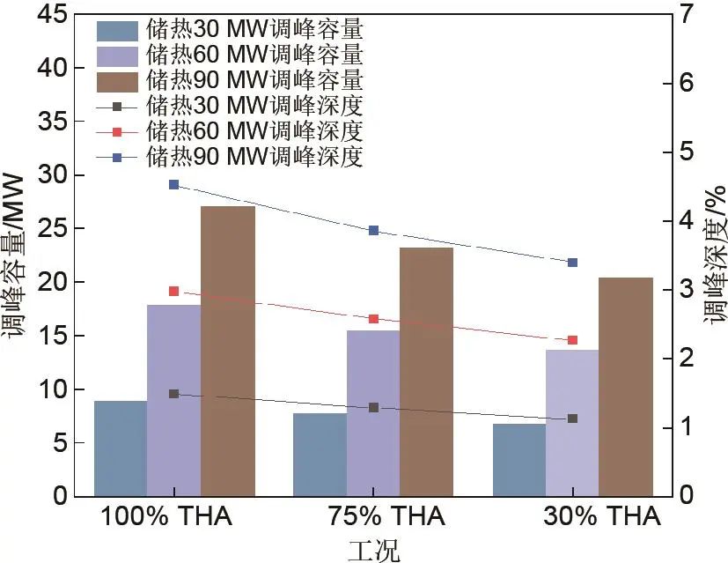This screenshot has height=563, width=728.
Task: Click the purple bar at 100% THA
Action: (173, 400)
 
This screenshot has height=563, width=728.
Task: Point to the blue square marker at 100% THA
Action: (173, 185)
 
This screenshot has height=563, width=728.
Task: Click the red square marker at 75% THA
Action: (373, 319)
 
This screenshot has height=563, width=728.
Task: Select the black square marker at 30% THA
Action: (572, 419)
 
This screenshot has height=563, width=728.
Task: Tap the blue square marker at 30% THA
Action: (572, 263)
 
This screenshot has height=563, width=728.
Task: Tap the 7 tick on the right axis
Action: (686, 14)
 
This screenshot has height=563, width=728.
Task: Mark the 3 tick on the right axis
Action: (686, 289)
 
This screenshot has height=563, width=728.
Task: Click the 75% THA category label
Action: (373, 517)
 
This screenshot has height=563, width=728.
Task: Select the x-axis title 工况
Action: (373, 551)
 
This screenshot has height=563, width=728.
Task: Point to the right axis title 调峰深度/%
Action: (715, 256)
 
